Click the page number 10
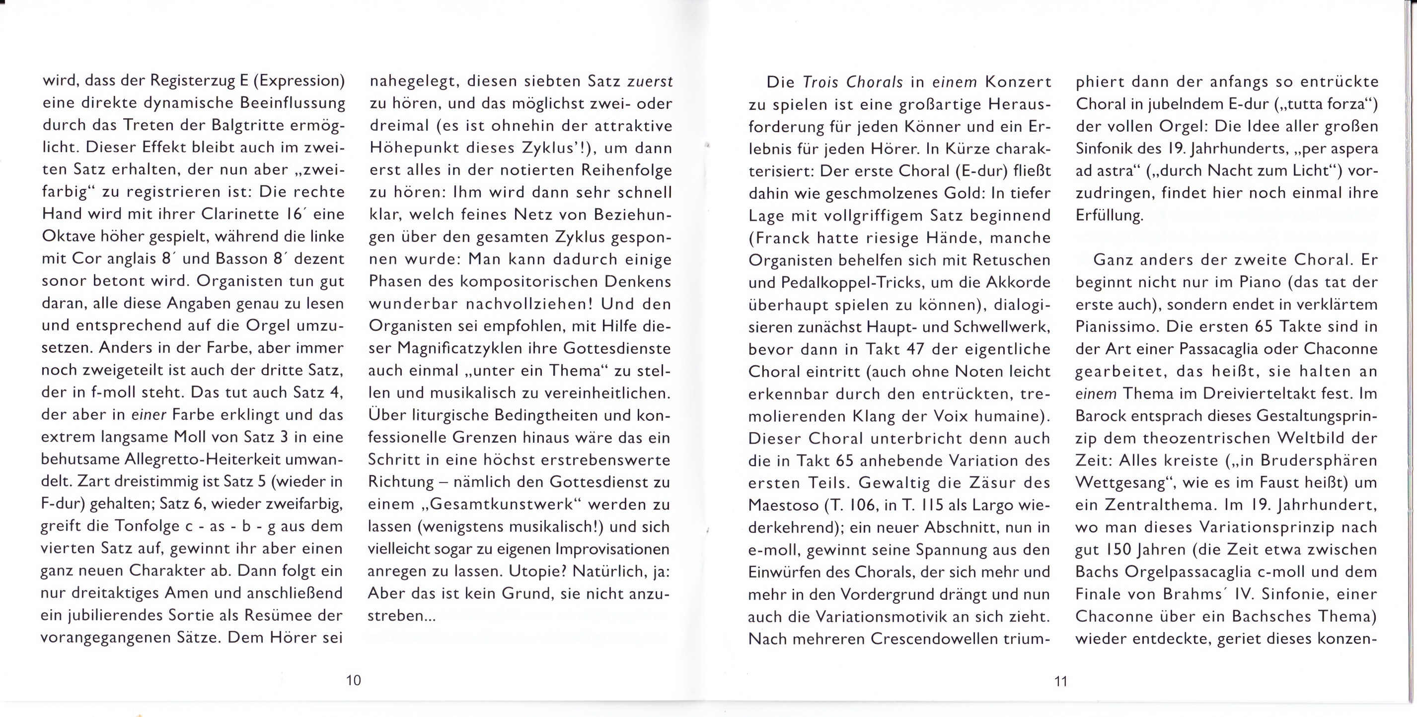pyautogui.click(x=353, y=680)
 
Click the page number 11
pyautogui.click(x=1060, y=681)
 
